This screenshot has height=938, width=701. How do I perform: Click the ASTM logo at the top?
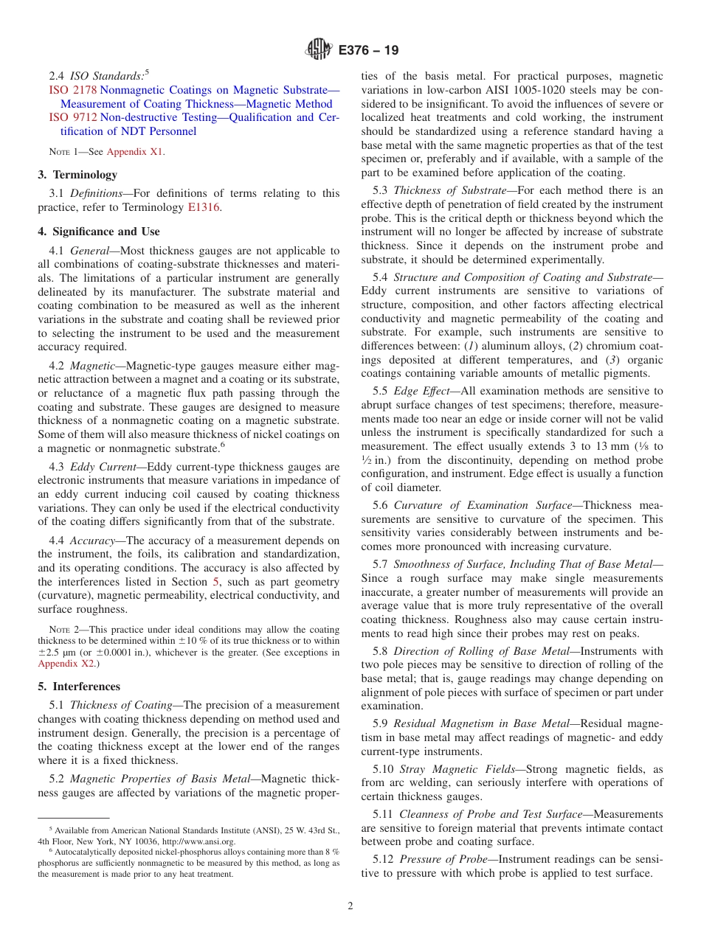319,50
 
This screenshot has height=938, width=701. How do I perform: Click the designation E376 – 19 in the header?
368,51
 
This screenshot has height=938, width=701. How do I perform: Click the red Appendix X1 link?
135,152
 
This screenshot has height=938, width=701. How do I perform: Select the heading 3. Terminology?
77,175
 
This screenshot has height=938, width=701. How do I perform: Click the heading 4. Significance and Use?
98,232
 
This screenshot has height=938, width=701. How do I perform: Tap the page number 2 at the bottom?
350,906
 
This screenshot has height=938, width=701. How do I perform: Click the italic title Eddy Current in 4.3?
101,467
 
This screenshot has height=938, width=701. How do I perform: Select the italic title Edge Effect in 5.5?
422,391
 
